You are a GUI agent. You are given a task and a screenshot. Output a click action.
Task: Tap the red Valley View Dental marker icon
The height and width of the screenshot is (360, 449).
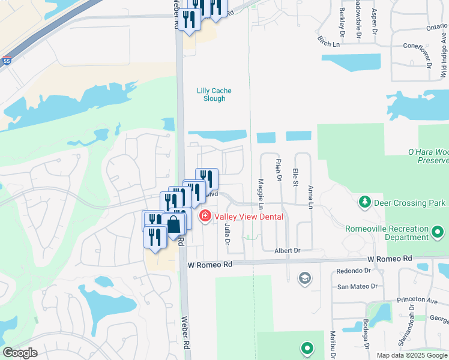(x=205, y=215)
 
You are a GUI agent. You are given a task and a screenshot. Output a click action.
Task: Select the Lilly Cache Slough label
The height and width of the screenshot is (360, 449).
(x=214, y=95)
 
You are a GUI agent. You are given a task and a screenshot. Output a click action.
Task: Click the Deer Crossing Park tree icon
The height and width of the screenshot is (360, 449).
(x=364, y=202)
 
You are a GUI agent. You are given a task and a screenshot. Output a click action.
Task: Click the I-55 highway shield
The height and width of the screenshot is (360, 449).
(x=6, y=61)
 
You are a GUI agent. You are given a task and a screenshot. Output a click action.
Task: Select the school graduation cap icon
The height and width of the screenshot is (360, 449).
(x=305, y=278)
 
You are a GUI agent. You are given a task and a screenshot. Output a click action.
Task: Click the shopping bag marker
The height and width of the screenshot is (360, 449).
(x=173, y=226)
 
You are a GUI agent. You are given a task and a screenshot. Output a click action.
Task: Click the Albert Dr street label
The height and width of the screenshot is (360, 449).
(x=287, y=250)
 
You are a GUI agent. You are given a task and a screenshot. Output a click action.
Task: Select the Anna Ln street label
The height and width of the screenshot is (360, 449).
(x=310, y=197)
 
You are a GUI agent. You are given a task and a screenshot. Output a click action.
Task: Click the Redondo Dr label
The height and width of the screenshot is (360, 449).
(x=354, y=271)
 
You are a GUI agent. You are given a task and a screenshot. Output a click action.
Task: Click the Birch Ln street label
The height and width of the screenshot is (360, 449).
(x=328, y=42)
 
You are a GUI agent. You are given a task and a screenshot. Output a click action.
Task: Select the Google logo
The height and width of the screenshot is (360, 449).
(x=20, y=353)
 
